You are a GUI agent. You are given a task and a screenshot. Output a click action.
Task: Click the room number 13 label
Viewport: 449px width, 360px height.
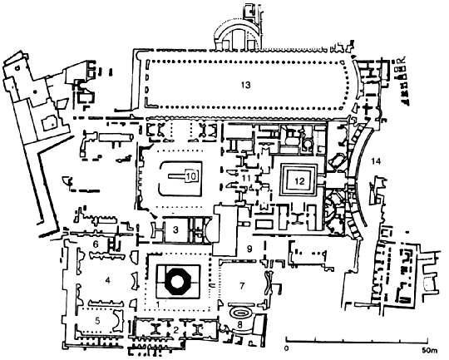(245, 85)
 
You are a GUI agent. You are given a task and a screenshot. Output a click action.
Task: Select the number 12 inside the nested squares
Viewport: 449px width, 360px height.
(299, 181)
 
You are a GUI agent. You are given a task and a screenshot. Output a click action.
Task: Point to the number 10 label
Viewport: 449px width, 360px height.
(192, 176)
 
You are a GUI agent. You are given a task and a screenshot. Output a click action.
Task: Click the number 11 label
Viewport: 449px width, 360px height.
(246, 178)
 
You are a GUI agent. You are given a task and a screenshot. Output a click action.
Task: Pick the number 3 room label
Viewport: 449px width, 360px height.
(175, 229)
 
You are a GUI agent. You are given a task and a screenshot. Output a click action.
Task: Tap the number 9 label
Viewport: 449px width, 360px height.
(249, 249)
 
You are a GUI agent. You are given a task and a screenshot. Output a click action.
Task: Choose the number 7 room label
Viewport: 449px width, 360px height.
(242, 286)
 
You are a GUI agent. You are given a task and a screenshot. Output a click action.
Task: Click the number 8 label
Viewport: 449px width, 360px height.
(240, 325)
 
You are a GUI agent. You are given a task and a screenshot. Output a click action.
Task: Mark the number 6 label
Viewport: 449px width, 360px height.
(96, 244)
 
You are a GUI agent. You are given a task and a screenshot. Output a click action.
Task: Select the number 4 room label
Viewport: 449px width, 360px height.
(107, 280)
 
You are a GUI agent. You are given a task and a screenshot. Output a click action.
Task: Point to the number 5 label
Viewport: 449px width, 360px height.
(97, 321)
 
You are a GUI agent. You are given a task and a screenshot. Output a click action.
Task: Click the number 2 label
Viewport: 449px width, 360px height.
(176, 330)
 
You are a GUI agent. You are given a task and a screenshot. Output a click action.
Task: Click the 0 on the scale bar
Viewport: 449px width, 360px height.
(287, 349)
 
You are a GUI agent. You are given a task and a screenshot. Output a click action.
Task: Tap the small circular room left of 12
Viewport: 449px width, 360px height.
(308, 145)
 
